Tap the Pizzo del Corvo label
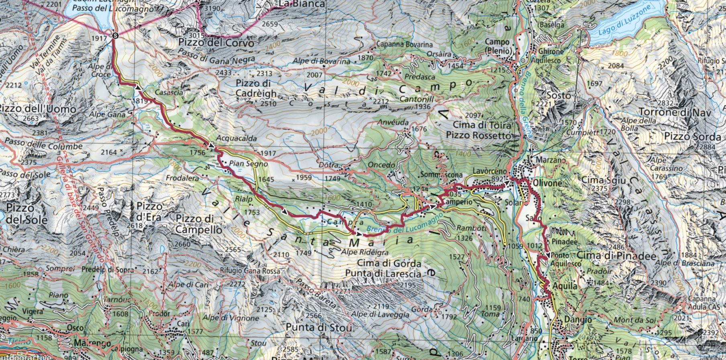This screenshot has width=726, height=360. coord(216,43)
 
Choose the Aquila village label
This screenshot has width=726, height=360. coord(565,286)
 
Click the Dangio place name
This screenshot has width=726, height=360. coord(566,320)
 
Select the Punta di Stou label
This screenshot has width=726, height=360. coord(318,327)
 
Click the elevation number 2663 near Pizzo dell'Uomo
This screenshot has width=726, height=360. coord(31,118)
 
